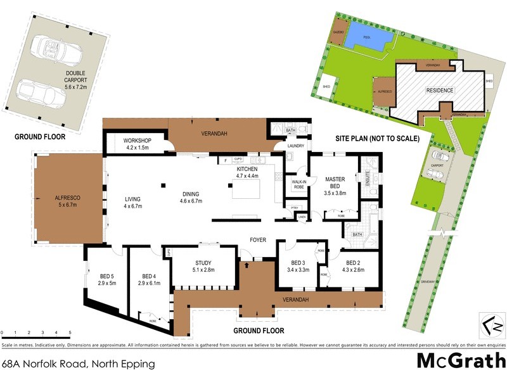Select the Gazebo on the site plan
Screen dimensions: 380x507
tap(338, 37)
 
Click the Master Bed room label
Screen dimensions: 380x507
tap(335, 183)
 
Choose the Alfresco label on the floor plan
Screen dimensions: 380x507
tap(68, 201)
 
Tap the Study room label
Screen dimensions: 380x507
tap(203, 267)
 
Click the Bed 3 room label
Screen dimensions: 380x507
tap(298, 267)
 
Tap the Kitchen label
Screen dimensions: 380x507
tap(248, 174)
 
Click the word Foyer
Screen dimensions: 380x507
tap(257, 240)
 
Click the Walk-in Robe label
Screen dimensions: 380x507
tap(298, 184)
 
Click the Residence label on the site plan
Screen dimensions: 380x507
tap(439, 91)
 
